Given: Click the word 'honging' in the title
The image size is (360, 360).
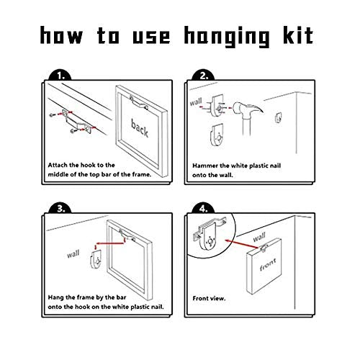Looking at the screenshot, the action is (x=227, y=37).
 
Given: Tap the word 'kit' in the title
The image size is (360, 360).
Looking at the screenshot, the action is (x=298, y=35).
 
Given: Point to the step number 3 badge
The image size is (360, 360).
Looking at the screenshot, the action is (x=60, y=208).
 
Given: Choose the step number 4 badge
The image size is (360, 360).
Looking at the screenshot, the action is (x=203, y=208).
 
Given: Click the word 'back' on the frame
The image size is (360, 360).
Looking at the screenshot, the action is (x=140, y=128).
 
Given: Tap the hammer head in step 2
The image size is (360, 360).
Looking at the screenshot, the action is (x=247, y=109).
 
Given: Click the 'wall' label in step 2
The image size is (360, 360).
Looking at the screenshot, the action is (x=196, y=102).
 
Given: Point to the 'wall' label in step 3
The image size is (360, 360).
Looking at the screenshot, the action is (x=73, y=254).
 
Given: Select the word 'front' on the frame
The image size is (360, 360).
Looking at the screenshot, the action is (x=268, y=265).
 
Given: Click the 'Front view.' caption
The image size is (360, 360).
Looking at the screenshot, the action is (x=209, y=299).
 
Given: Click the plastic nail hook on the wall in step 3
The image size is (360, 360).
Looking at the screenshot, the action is (x=96, y=259).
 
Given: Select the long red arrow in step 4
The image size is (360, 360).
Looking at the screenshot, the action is (x=243, y=243).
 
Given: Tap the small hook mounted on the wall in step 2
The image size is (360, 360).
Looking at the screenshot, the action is (x=278, y=118).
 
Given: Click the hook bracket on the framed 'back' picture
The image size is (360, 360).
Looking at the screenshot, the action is (x=139, y=103).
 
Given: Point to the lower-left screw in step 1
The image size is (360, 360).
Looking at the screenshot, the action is (x=73, y=131).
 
